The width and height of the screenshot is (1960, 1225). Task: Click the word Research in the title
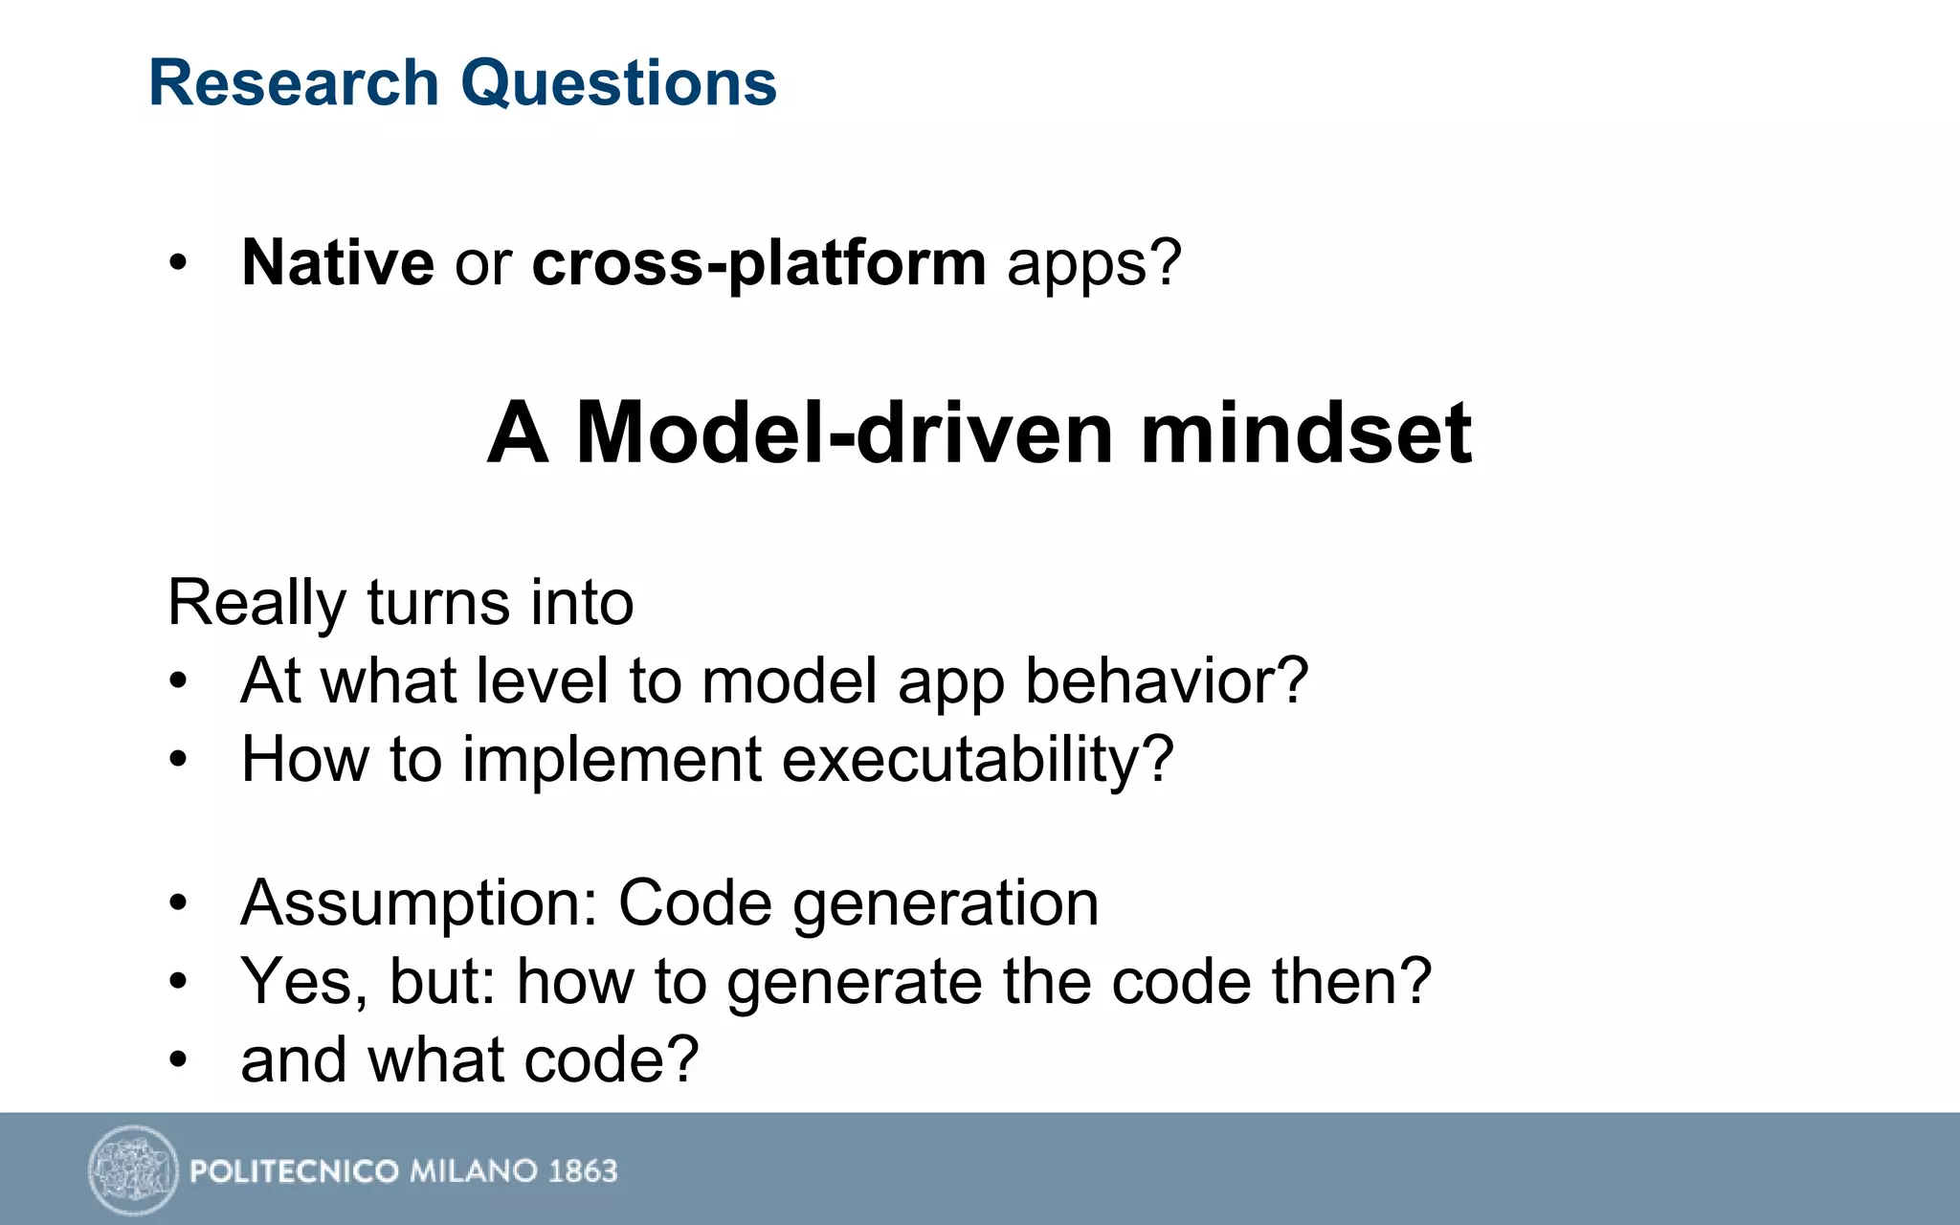coord(293,83)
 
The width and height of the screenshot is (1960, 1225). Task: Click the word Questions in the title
coord(618,83)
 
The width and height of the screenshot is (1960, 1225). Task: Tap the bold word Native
coord(338,262)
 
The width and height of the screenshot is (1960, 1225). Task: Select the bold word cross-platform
coord(758,262)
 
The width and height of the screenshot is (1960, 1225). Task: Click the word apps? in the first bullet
coord(1094,264)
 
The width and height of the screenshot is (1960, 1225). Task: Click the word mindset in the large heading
coord(1305,433)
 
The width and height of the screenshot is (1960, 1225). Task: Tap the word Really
coord(256,604)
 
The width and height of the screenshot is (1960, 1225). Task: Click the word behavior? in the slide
coord(1166,681)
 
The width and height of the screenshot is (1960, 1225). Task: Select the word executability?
coord(977,760)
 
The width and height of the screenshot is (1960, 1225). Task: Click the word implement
coord(612,760)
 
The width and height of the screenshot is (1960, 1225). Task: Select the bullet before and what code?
coord(178,1060)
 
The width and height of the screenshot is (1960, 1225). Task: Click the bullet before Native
coord(178,263)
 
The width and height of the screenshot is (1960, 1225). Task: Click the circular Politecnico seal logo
coord(133,1169)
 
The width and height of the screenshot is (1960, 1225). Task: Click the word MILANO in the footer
coord(473,1170)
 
